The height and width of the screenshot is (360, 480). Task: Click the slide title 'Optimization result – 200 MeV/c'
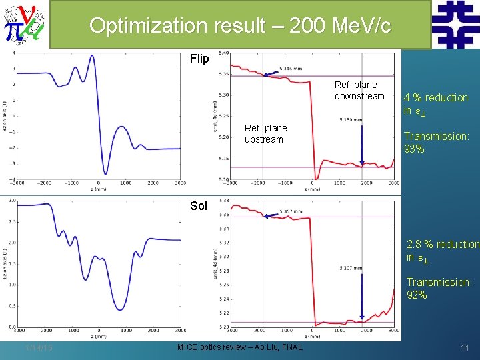pyautogui.click(x=239, y=26)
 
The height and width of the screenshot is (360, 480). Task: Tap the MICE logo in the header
pyautogui.click(x=25, y=25)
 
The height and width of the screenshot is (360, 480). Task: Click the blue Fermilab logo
pyautogui.click(x=455, y=25)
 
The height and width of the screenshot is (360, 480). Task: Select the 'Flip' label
pyautogui.click(x=199, y=59)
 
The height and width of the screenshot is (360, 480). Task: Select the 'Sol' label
pyautogui.click(x=199, y=205)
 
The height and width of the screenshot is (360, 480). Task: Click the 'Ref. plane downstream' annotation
pyautogui.click(x=359, y=91)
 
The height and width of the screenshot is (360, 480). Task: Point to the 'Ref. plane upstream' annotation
pyautogui.click(x=265, y=133)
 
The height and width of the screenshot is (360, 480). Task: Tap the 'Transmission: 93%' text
pyautogui.click(x=436, y=142)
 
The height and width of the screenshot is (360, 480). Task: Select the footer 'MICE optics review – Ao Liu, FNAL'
pyautogui.click(x=239, y=347)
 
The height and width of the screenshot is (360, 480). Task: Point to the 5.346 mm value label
pyautogui.click(x=290, y=68)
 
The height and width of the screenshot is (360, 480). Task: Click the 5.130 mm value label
pyautogui.click(x=350, y=120)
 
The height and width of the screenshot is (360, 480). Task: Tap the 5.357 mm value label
pyautogui.click(x=289, y=211)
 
